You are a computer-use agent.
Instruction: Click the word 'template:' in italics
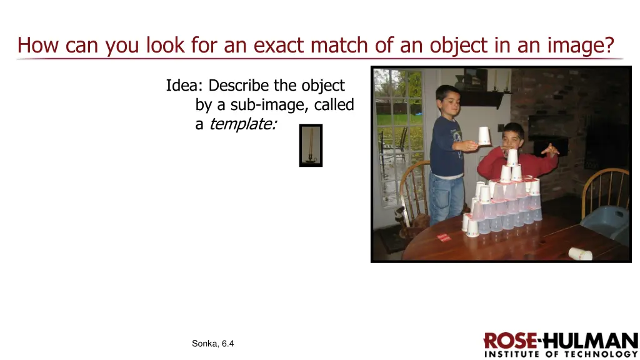tap(242, 124)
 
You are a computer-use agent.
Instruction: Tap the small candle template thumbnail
tap(311, 145)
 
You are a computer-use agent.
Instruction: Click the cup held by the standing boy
tap(484, 136)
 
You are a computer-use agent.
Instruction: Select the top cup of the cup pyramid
tap(512, 157)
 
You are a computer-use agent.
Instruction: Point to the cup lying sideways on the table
tap(580, 253)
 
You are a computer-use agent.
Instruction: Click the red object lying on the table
tap(443, 237)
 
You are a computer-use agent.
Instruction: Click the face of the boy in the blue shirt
tap(449, 100)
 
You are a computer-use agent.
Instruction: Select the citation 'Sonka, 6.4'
tap(213, 343)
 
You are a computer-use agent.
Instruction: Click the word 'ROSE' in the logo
tap(510, 341)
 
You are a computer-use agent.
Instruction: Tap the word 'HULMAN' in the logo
tap(589, 341)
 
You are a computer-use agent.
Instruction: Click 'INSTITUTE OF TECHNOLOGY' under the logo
tap(561, 354)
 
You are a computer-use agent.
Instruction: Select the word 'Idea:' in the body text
tap(185, 86)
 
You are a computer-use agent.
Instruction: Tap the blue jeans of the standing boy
tap(446, 197)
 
